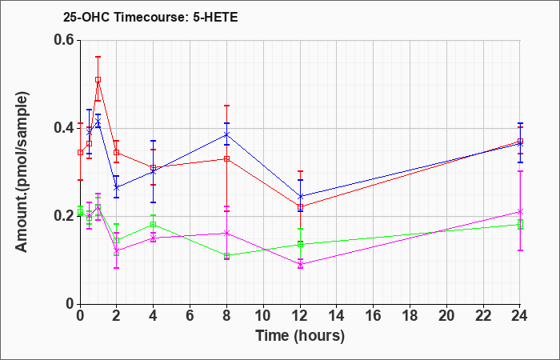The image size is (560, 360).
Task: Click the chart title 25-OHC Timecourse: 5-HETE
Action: point(150,17)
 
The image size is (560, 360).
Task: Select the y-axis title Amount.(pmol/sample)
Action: point(22,172)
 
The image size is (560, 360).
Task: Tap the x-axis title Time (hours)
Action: point(300,336)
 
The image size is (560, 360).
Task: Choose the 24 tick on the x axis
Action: point(520,316)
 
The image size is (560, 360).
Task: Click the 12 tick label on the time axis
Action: point(300,316)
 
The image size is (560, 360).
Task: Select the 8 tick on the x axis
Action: point(226,316)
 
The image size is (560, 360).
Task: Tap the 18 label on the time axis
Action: point(410,316)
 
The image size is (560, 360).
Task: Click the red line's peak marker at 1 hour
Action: point(98,80)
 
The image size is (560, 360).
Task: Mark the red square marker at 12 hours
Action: point(300,206)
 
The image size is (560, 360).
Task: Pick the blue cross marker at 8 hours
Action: point(226,134)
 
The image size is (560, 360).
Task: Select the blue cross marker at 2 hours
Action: point(116,187)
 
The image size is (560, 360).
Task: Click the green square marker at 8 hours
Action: point(226,256)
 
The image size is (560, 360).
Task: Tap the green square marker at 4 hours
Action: point(154,224)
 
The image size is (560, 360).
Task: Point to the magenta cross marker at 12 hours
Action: point(300,264)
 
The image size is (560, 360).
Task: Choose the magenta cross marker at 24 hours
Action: point(520,212)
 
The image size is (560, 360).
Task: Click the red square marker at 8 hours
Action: point(226,158)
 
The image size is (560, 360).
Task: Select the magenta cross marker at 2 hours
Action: point(116,251)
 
